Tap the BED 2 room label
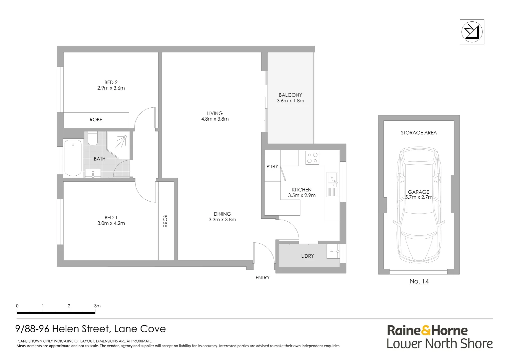[x=111, y=82]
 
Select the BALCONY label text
[x=290, y=95]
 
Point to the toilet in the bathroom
[x=93, y=138]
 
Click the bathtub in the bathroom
[x=73, y=158]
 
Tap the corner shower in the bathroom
[x=118, y=145]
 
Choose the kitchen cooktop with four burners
[x=312, y=158]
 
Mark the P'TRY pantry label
[x=272, y=166]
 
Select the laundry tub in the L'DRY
[x=333, y=251]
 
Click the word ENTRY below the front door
[x=262, y=277]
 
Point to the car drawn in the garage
[x=419, y=204]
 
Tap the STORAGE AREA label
[x=419, y=133]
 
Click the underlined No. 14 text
[x=419, y=282]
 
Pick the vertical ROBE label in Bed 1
[x=165, y=221]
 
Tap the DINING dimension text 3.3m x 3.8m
[x=222, y=220]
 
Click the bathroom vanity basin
[x=93, y=173]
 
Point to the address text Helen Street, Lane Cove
[x=109, y=329]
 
